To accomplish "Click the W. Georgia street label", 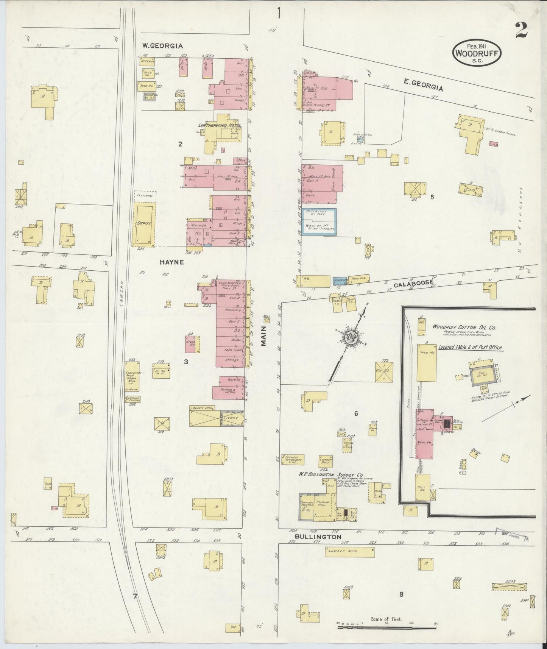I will tap(162, 46).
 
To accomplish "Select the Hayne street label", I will tap(171, 262).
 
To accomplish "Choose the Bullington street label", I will tap(318, 537).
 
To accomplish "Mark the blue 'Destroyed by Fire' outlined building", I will tap(319, 222).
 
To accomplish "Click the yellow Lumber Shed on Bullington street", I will tap(349, 552).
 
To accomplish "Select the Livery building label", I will tap(231, 418).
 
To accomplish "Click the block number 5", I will tap(432, 197).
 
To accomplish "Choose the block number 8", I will tap(401, 594).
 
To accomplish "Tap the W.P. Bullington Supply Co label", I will tap(331, 474).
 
